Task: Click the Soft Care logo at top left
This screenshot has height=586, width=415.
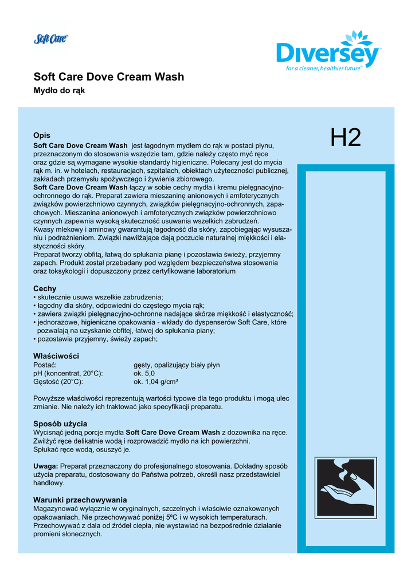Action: click(51, 39)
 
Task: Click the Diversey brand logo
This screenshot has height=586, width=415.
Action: click(328, 52)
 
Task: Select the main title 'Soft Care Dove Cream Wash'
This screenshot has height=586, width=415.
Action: click(109, 77)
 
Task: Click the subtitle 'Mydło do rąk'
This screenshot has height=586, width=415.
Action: click(59, 92)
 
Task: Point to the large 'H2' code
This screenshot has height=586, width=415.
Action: click(346, 138)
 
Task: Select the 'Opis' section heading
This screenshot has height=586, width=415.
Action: click(42, 136)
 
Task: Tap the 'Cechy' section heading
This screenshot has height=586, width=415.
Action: click(45, 289)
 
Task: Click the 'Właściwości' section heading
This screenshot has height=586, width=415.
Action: click(56, 356)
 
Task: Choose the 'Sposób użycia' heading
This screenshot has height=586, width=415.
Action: click(60, 423)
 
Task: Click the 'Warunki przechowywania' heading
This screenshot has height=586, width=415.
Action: click(80, 500)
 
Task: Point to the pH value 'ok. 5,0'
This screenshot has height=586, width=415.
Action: click(144, 373)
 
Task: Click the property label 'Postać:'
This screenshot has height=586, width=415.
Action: click(45, 365)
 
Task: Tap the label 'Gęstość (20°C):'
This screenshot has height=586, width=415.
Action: click(58, 382)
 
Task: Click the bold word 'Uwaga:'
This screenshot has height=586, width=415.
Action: click(46, 466)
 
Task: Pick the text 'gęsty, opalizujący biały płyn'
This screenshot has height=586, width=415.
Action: click(176, 365)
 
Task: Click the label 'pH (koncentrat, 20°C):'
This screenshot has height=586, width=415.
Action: click(68, 373)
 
